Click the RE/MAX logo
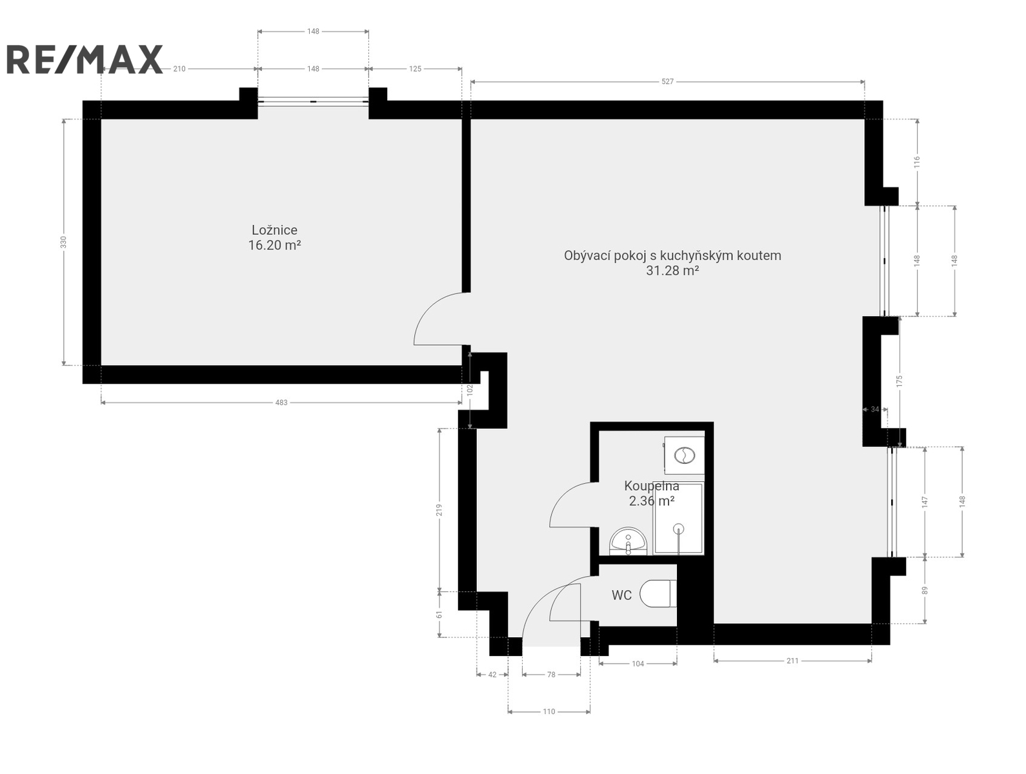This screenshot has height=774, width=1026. click(85, 59)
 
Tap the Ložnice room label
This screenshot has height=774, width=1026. click(274, 230)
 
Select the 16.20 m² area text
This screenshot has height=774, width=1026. click(274, 245)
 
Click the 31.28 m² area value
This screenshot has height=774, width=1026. click(672, 270)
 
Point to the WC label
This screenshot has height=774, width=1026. click(621, 595)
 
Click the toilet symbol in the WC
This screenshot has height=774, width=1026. click(658, 593)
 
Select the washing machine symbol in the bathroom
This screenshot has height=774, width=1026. click(684, 455)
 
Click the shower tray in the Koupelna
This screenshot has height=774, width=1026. click(679, 518)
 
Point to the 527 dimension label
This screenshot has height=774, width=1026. click(667, 82)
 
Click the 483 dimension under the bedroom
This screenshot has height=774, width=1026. click(281, 402)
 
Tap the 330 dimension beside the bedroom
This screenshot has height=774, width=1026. click(64, 242)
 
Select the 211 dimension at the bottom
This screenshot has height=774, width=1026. click(792, 661)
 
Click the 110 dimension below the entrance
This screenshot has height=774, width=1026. click(548, 712)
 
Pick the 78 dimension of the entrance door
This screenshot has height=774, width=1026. click(551, 675)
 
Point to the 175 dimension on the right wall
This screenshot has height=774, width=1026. click(899, 381)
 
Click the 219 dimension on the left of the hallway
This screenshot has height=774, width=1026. click(439, 510)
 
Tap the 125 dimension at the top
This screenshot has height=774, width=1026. click(415, 68)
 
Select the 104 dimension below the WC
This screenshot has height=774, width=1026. click(638, 664)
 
